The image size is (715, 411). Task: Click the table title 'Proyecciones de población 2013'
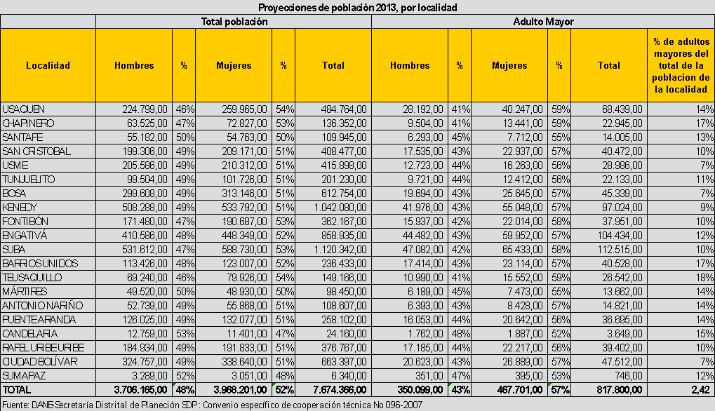coord(357,8)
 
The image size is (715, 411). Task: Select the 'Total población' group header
coord(234,22)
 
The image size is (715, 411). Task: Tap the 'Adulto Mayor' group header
coord(543,22)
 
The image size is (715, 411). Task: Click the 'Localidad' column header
coord(48,65)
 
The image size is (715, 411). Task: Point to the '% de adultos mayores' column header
coord(680,65)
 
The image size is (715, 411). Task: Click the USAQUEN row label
coord(24,109)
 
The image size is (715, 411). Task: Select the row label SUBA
coord(14,250)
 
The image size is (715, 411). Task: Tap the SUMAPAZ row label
coord(24,376)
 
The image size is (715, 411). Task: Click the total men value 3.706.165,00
coord(140,389)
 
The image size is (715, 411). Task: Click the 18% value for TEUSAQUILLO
coord(705,278)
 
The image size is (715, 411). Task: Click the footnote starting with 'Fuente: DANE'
coord(211,404)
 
